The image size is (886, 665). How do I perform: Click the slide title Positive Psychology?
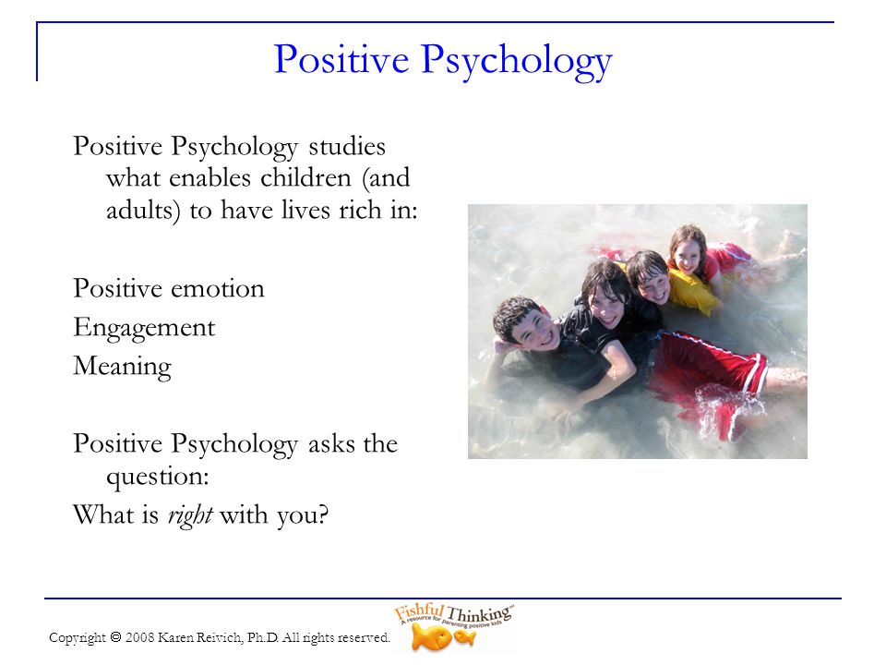[443, 61]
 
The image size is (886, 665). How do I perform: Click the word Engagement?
[144, 329]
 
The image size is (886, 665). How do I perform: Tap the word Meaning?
[122, 367]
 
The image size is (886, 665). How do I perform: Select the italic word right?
[190, 515]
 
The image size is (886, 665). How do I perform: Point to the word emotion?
[217, 289]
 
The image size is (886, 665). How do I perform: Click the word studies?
[347, 147]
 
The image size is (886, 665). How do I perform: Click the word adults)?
[143, 212]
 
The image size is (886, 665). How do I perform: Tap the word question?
[158, 478]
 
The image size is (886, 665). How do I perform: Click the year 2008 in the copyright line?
[139, 638]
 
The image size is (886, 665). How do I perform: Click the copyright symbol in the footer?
[116, 638]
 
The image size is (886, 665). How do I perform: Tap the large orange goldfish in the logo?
[431, 638]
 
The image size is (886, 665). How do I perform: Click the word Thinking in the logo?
[479, 614]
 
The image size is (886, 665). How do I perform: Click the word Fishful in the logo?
[419, 611]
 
